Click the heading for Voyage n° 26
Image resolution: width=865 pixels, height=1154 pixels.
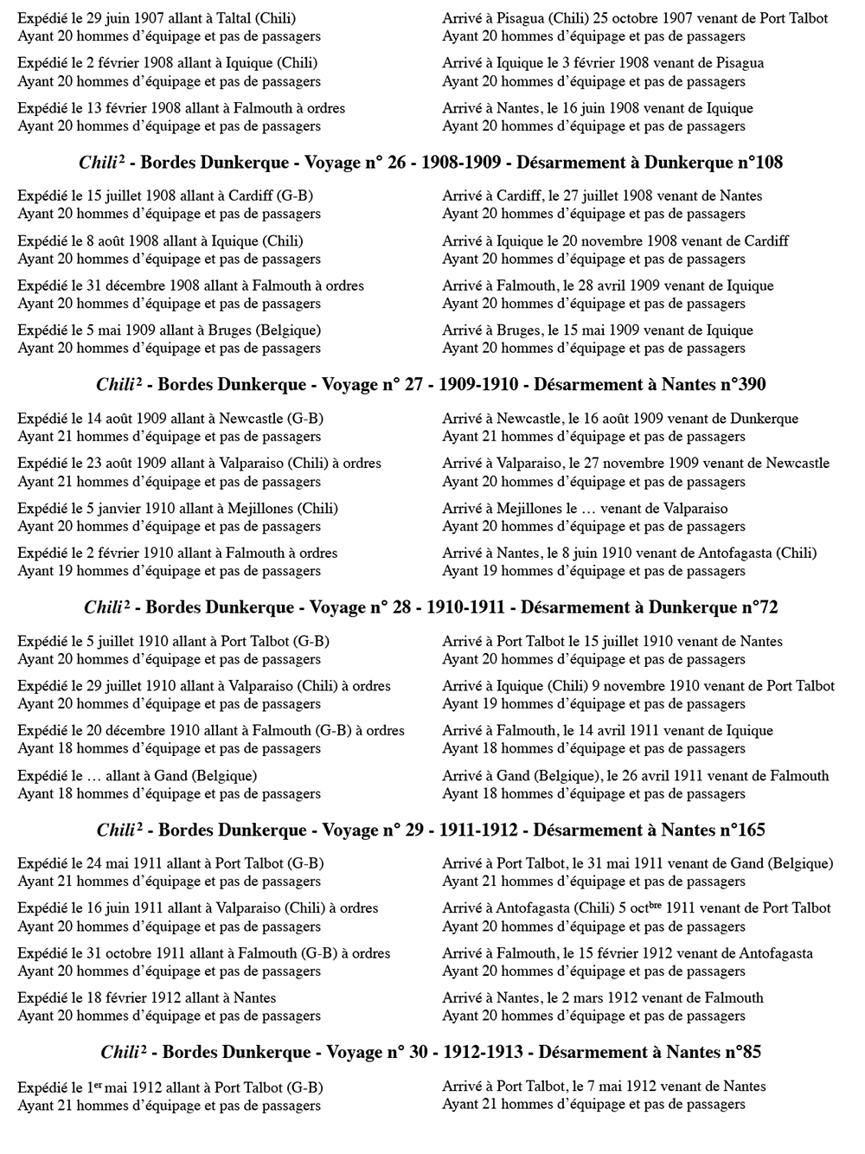pyautogui.click(x=431, y=163)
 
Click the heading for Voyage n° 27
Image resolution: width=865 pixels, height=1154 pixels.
pyautogui.click(x=431, y=385)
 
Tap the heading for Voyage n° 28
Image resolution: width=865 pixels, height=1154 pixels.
pyautogui.click(x=431, y=607)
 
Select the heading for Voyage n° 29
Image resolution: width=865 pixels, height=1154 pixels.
pyautogui.click(x=431, y=830)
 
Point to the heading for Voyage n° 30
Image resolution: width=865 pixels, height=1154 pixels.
pyautogui.click(x=431, y=1053)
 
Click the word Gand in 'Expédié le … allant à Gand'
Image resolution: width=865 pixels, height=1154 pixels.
pyautogui.click(x=171, y=776)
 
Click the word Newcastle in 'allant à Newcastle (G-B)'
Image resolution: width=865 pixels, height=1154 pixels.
pyautogui.click(x=251, y=419)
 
